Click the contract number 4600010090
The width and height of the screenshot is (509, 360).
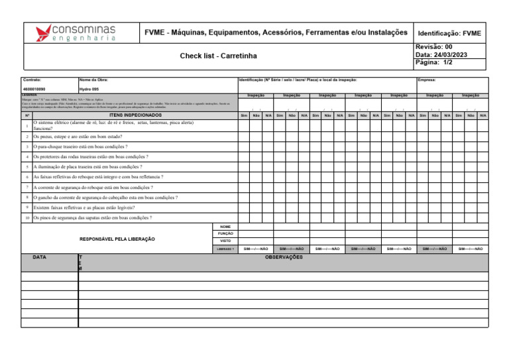pos(34,88)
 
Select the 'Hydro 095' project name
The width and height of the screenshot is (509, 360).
pos(89,88)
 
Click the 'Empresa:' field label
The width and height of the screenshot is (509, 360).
pos(427,79)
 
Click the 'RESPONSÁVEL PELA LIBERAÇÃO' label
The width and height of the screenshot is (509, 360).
pos(117,239)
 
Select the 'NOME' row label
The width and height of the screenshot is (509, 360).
pos(225,227)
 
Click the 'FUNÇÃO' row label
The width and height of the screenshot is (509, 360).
pos(225,234)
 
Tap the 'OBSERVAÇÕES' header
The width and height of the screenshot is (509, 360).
pos(284,256)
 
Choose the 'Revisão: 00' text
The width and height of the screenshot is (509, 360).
pos(433,47)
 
